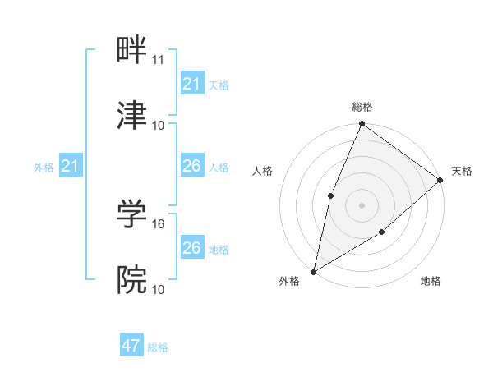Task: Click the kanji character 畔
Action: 132,51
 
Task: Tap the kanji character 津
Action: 132,117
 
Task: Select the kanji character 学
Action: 132,214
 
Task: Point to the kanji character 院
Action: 132,280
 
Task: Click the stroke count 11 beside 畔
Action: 159,60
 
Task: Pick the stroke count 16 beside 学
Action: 159,223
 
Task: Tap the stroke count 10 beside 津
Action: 159,126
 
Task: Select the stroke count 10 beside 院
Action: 159,289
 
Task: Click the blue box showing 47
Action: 131,347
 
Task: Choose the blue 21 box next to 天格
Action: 192,84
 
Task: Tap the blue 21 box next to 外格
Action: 70,167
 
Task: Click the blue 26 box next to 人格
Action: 192,167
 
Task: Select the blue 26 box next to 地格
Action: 192,248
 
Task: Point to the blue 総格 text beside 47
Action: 158,347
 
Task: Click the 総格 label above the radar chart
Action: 362,107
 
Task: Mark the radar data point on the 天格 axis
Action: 440,180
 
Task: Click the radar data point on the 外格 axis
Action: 313,272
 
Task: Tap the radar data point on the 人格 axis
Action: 330,195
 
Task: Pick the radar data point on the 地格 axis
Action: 382,233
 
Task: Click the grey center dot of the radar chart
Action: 362,205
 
